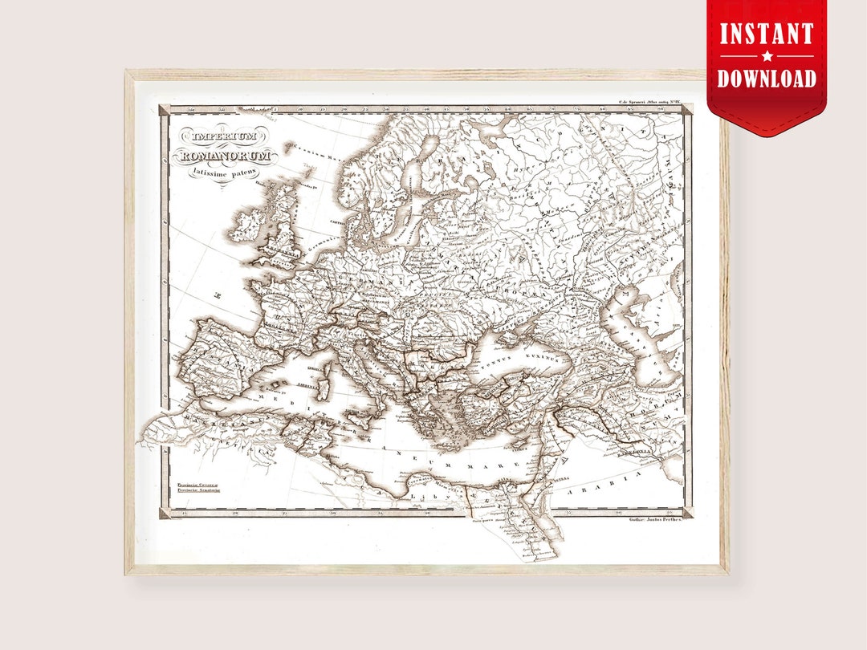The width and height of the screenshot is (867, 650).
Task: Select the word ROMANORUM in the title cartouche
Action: pyautogui.click(x=226, y=154)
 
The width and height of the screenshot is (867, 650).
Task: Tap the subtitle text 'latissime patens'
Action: pyautogui.click(x=220, y=170)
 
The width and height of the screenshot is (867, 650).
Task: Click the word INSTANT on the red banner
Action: pyautogui.click(x=767, y=34)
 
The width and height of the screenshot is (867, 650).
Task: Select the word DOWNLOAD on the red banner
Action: pyautogui.click(x=767, y=78)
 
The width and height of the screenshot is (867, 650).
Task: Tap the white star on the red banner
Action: pyautogui.click(x=767, y=56)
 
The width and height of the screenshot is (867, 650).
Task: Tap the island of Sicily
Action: pyautogui.click(x=354, y=419)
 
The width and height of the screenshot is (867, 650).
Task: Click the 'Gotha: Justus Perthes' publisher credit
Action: pyautogui.click(x=652, y=520)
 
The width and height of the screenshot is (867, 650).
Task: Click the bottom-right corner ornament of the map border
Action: pyautogui.click(x=687, y=512)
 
